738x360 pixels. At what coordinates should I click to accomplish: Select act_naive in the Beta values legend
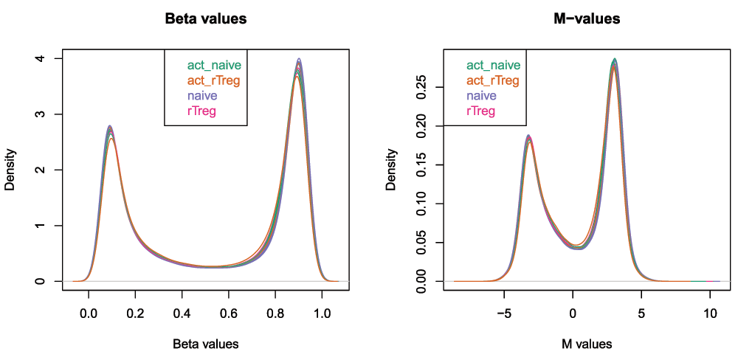(x=213, y=65)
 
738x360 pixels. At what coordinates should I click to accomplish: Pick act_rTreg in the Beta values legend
(x=213, y=80)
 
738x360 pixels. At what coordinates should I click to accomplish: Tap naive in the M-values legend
(x=481, y=96)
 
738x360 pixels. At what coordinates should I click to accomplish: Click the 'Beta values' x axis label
(x=205, y=344)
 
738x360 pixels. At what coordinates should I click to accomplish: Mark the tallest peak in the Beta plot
(x=298, y=60)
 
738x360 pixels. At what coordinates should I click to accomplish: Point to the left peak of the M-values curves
(x=528, y=136)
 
